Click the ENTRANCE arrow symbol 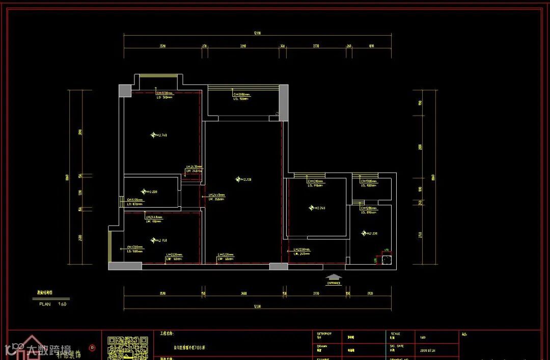pos(334,279)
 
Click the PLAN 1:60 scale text pos(53,304)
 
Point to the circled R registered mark pos(92,348)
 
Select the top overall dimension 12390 pos(258,34)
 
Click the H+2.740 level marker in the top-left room pos(159,135)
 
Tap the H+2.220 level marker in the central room pos(244,179)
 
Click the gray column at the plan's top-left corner pos(125,91)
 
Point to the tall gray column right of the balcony pos(284,103)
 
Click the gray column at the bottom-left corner pos(122,266)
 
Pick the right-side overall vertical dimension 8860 pos(433,178)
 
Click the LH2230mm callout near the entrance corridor pos(301,250)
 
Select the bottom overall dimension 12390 pos(258,306)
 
